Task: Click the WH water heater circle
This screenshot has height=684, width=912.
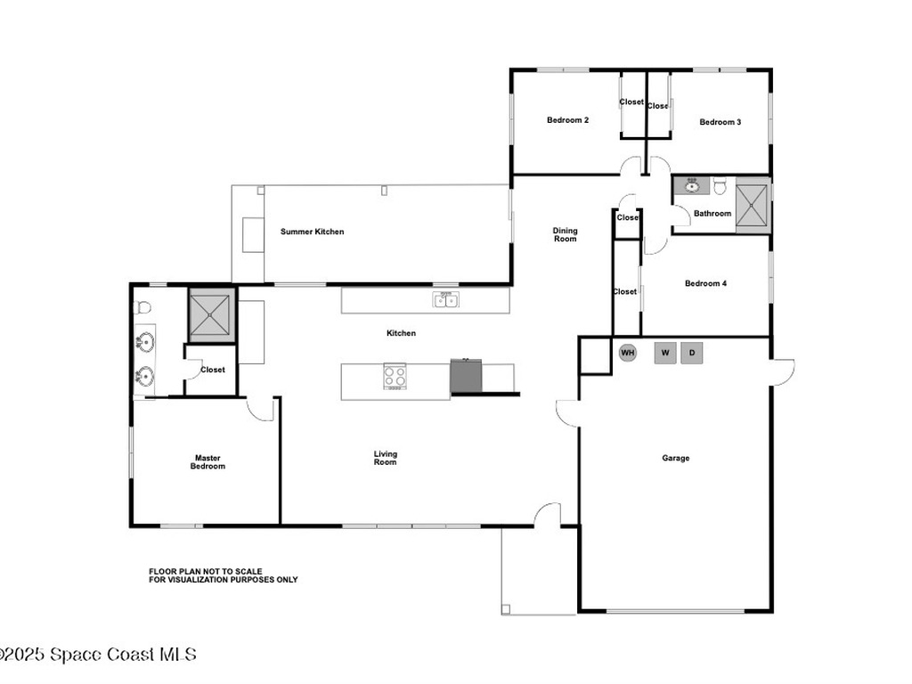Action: pyautogui.click(x=627, y=353)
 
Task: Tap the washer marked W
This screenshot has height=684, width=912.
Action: pyautogui.click(x=665, y=353)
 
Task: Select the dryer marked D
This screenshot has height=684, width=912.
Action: pyautogui.click(x=692, y=353)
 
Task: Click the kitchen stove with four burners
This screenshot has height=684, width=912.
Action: pyautogui.click(x=395, y=376)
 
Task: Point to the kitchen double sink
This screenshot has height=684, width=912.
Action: pyautogui.click(x=446, y=299)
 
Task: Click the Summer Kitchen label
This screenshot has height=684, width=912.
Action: pyautogui.click(x=313, y=232)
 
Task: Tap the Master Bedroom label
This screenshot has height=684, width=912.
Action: pyautogui.click(x=208, y=462)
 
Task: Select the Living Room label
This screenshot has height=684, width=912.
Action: pyautogui.click(x=385, y=458)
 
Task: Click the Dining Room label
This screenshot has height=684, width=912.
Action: pyautogui.click(x=565, y=234)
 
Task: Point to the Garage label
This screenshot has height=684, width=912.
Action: pyautogui.click(x=676, y=458)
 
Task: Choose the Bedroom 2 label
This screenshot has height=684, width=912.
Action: pyautogui.click(x=567, y=120)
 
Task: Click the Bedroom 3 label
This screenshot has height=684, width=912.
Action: pyautogui.click(x=720, y=121)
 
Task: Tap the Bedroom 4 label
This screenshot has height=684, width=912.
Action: pyautogui.click(x=705, y=283)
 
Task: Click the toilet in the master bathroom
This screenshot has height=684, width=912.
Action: pyautogui.click(x=142, y=307)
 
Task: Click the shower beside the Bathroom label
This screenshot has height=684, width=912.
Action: pyautogui.click(x=752, y=206)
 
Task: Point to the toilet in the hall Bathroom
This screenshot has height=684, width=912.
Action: pyautogui.click(x=720, y=185)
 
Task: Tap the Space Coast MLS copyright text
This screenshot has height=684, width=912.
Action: pyautogui.click(x=98, y=655)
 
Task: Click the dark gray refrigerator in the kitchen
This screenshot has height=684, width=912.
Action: pyautogui.click(x=466, y=377)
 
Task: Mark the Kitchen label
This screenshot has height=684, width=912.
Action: pyautogui.click(x=402, y=333)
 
